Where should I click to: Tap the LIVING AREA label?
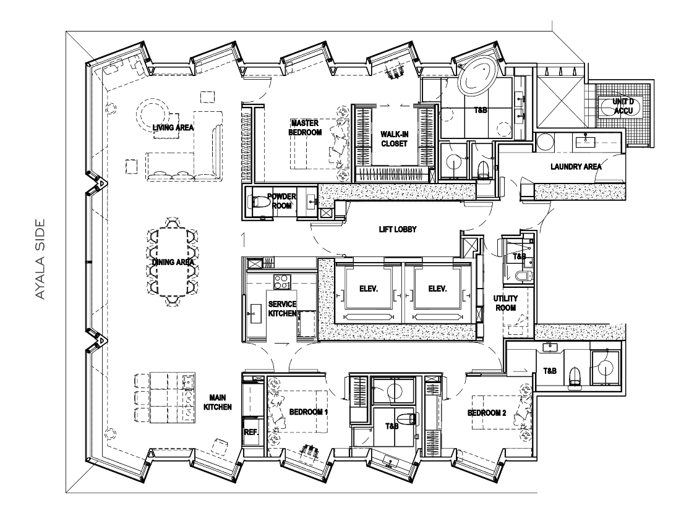174,128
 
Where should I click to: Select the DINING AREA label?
173,263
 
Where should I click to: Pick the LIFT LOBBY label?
398,229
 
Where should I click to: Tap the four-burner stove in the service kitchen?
281,282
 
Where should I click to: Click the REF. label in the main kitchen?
251,434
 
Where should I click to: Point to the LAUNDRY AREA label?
576,167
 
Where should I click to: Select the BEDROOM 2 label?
487,413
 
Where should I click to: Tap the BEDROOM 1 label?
308,412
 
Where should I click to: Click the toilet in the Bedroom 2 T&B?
575,376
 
